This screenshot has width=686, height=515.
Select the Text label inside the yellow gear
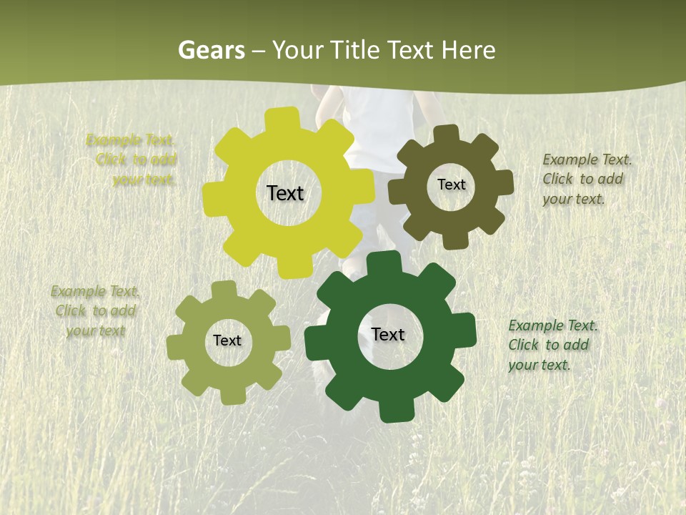285,193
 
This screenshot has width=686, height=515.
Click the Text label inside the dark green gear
388,334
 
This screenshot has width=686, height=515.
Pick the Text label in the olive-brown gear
451,185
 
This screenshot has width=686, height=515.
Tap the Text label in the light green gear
227,340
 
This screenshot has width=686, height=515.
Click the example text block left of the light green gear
96,310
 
